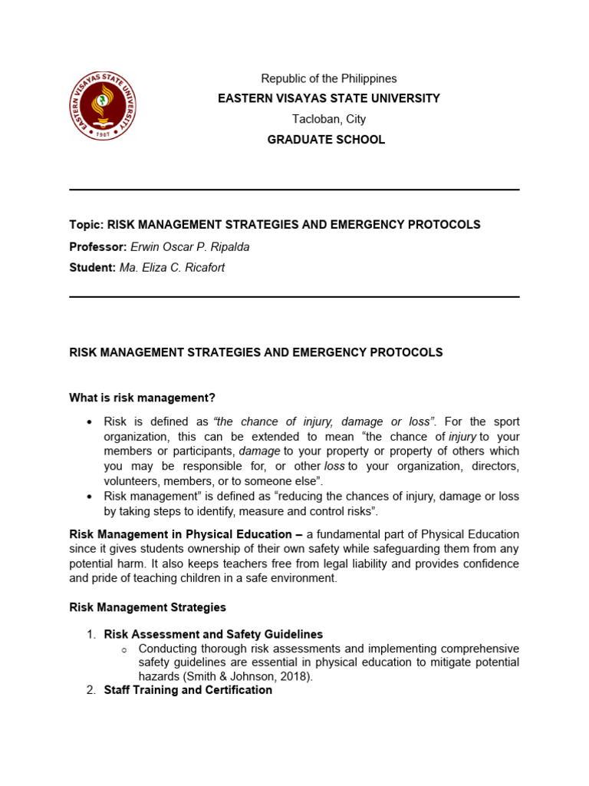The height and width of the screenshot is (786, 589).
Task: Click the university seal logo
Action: pos(104,106)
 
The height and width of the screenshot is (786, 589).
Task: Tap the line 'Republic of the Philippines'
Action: pos(329,78)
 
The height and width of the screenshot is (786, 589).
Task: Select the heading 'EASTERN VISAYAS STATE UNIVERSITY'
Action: pos(329,98)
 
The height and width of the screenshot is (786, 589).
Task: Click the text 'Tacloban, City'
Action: pos(329,119)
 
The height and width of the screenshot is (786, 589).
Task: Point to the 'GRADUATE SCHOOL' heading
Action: pos(326,140)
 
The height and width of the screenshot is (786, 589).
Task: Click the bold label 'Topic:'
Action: pos(86,225)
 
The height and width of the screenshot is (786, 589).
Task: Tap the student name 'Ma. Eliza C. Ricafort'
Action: pos(172,268)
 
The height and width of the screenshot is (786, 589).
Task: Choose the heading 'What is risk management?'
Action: pos(143,398)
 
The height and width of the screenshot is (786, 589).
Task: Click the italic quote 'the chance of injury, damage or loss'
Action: pos(324,421)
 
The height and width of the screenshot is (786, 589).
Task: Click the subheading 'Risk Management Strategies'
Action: pos(148,607)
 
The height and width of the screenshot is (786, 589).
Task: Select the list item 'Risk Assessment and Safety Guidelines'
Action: pos(213,635)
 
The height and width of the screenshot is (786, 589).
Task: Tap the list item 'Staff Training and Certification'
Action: pos(188,690)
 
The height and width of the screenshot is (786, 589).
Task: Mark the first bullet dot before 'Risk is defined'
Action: pos(90,422)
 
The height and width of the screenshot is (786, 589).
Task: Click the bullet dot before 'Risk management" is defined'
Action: pos(90,497)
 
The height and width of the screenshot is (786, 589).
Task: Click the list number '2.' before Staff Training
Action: pos(90,690)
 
